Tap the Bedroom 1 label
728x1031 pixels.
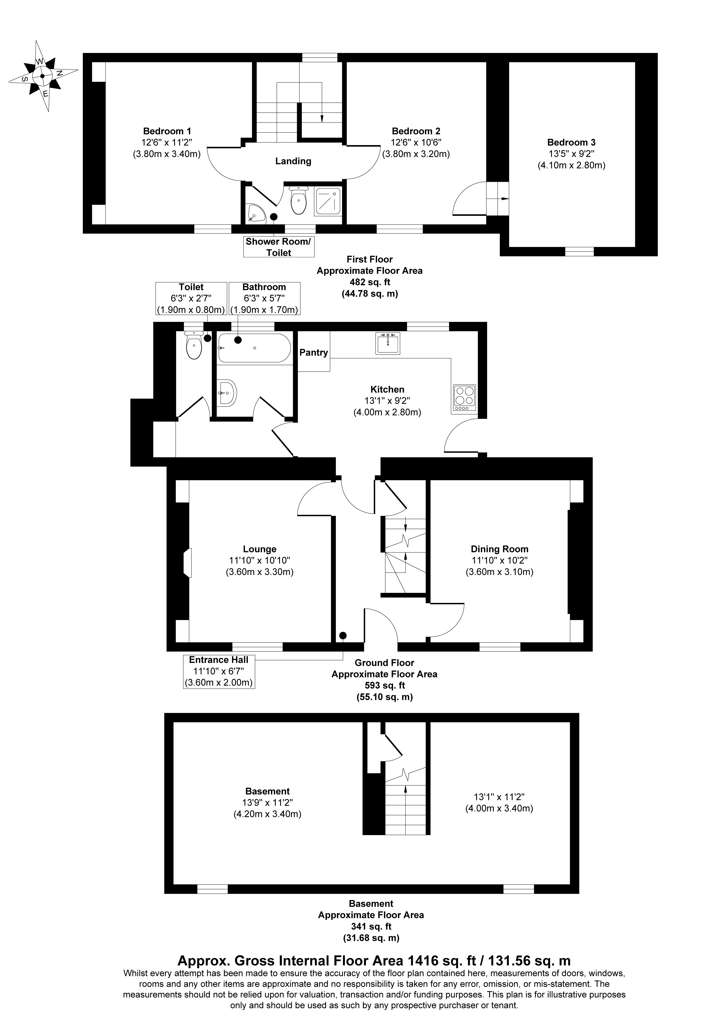167,131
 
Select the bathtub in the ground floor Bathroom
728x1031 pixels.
254,348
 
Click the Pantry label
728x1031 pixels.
314,352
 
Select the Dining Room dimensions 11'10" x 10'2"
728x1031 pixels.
499,560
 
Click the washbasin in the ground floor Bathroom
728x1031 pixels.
227,393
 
